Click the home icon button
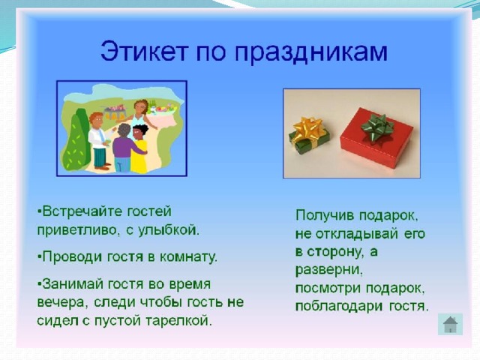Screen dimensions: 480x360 450,325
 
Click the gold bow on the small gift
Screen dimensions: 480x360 308,128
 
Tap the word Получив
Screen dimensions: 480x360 325,216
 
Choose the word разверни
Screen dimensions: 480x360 329,271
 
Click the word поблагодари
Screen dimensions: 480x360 339,307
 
